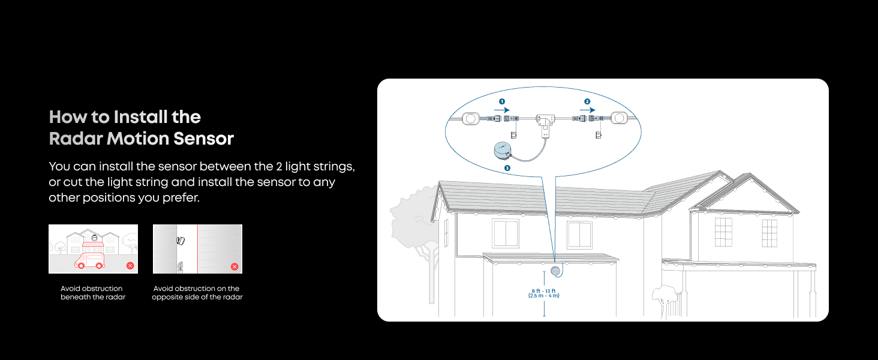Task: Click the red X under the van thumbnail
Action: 130,266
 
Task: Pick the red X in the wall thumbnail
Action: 234,266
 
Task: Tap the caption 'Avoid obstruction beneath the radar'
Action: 92,293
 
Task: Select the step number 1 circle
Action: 502,102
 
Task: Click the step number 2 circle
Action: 587,102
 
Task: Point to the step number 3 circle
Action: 507,168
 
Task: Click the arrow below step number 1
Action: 502,110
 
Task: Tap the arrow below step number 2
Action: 587,110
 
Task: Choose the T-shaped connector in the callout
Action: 545,121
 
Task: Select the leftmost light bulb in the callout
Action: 471,119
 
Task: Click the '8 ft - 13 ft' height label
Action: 544,293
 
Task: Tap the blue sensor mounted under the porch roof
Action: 556,272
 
